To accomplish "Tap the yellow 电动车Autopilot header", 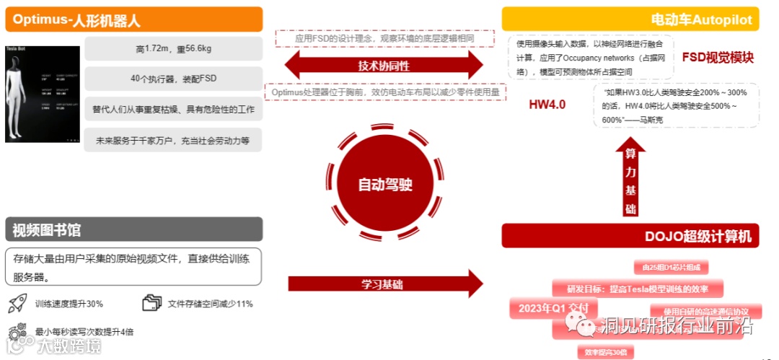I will point(630,19).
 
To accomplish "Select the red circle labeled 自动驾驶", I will point(385,184).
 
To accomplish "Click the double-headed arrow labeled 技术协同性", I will point(384,66).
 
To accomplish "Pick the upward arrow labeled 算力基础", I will point(630,178).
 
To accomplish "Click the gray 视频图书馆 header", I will point(133,229).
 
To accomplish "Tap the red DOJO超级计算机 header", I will point(630,236).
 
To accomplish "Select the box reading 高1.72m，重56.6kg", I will point(173,49).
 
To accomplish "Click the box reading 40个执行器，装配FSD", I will point(173,79).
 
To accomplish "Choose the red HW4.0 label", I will point(547,105).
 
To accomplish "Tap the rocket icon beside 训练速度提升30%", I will point(17,303).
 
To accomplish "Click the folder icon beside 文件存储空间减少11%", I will point(152,303).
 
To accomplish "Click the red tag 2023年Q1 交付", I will point(549,309).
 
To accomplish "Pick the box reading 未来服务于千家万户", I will point(173,140).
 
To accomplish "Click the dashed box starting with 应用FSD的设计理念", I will point(384,38).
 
